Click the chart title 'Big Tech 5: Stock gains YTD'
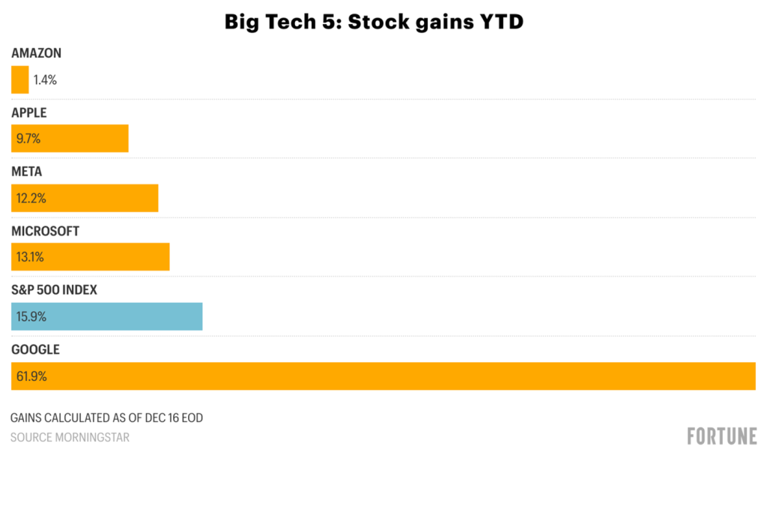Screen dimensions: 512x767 click(x=374, y=22)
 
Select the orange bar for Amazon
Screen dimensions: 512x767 click(x=19, y=79)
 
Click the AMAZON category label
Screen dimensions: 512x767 click(x=36, y=53)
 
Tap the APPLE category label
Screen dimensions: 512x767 click(x=29, y=112)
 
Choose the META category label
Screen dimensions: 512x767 click(x=26, y=172)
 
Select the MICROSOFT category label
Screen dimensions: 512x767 click(x=45, y=231)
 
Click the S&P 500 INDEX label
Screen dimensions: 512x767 click(x=54, y=290)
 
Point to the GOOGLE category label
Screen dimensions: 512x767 click(x=35, y=349)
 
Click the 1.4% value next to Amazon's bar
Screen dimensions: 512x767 click(x=45, y=80)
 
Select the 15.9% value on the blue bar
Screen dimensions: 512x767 click(x=31, y=316)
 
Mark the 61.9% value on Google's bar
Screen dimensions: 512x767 click(x=31, y=376)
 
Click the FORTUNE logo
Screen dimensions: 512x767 click(x=721, y=436)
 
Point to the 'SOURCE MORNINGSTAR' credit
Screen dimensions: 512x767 click(x=70, y=437)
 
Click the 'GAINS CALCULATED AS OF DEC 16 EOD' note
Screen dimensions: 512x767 click(x=106, y=418)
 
